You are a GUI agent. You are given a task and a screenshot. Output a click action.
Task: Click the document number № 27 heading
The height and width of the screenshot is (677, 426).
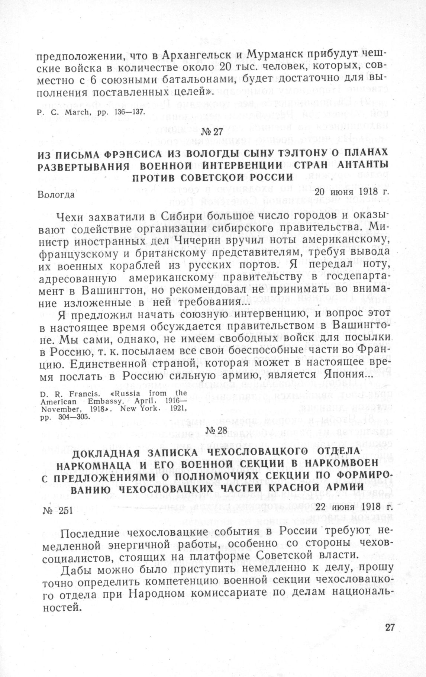(x=213, y=132)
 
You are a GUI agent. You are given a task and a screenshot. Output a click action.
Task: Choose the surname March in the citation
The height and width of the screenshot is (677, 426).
(x=65, y=111)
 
